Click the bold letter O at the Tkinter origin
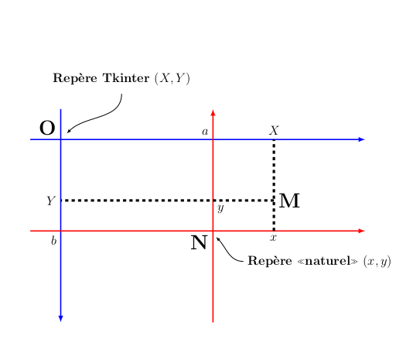[47, 128]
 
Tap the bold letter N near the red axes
[199, 242]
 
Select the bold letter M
[289, 201]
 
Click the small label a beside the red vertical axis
[205, 132]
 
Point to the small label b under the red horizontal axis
[54, 241]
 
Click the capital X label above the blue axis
[274, 131]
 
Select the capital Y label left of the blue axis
[51, 201]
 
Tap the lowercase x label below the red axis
[273, 238]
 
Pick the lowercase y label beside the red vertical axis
[220, 207]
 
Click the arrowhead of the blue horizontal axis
[362, 139]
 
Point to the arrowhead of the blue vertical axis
[61, 318]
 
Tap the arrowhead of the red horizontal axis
[362, 231]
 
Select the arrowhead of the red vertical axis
[213, 112]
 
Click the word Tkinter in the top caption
[126, 78]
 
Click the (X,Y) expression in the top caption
[172, 78]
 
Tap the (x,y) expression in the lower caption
[377, 262]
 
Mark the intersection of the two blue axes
[61, 139]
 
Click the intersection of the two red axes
[213, 231]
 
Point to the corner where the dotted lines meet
[274, 201]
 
